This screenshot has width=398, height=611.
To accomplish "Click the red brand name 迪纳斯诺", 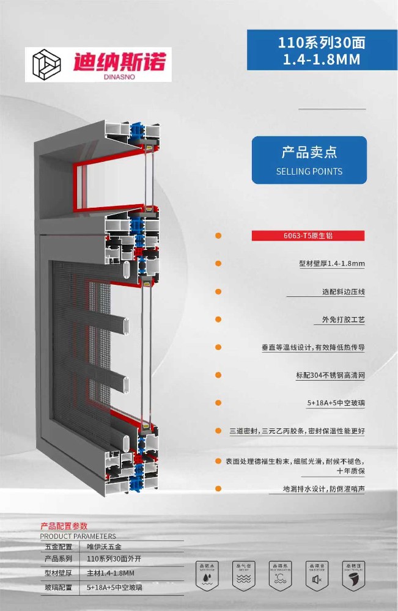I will (x=119, y=62).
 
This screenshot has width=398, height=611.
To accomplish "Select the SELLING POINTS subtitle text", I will (x=309, y=172).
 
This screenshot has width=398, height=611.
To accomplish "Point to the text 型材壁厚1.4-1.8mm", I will (x=332, y=264).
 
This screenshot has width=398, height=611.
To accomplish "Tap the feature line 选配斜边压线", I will (x=344, y=292).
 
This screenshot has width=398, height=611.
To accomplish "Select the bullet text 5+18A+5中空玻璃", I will (x=336, y=404).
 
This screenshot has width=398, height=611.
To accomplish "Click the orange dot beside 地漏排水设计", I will (x=218, y=489).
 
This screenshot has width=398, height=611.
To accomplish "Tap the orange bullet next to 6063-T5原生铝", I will (x=218, y=236).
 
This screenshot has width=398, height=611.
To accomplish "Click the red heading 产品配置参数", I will (x=64, y=526).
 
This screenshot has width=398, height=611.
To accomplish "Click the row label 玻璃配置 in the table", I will (x=59, y=587).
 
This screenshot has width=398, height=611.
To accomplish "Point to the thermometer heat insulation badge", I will (x=279, y=574).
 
